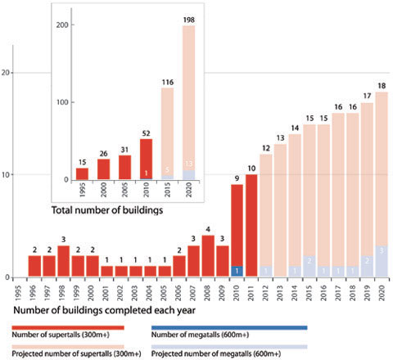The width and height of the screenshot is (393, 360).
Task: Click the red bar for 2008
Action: (208, 256)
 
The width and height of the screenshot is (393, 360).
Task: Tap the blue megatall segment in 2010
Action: (237, 271)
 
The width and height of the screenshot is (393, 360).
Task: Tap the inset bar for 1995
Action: (82, 173)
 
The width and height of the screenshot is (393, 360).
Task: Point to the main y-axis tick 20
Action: (7, 73)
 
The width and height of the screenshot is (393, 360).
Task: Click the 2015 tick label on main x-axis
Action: (309, 291)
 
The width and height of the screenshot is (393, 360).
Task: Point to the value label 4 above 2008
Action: (208, 229)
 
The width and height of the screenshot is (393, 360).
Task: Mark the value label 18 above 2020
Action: (381, 86)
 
